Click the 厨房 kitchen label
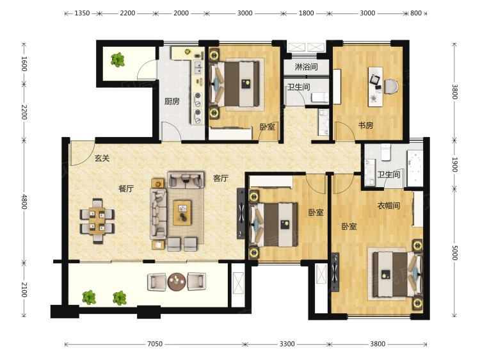[x=172, y=101]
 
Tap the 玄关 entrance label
[x=102, y=158]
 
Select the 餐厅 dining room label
[x=126, y=188]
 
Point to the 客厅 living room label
[x=221, y=178]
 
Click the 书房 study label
[x=366, y=126]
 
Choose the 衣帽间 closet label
[x=388, y=205]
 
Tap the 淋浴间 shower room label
[x=306, y=67]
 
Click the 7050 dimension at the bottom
[x=155, y=344]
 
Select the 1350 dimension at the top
[x=82, y=13]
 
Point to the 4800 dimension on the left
[x=24, y=202]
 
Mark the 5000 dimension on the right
[x=455, y=252]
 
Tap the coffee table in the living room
[x=182, y=213]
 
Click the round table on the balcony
[x=177, y=282]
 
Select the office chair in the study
[x=391, y=86]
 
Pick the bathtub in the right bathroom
[x=415, y=168]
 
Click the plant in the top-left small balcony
[x=118, y=60]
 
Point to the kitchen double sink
[x=198, y=68]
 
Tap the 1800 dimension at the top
[x=306, y=13]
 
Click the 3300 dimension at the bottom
[x=287, y=344]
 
